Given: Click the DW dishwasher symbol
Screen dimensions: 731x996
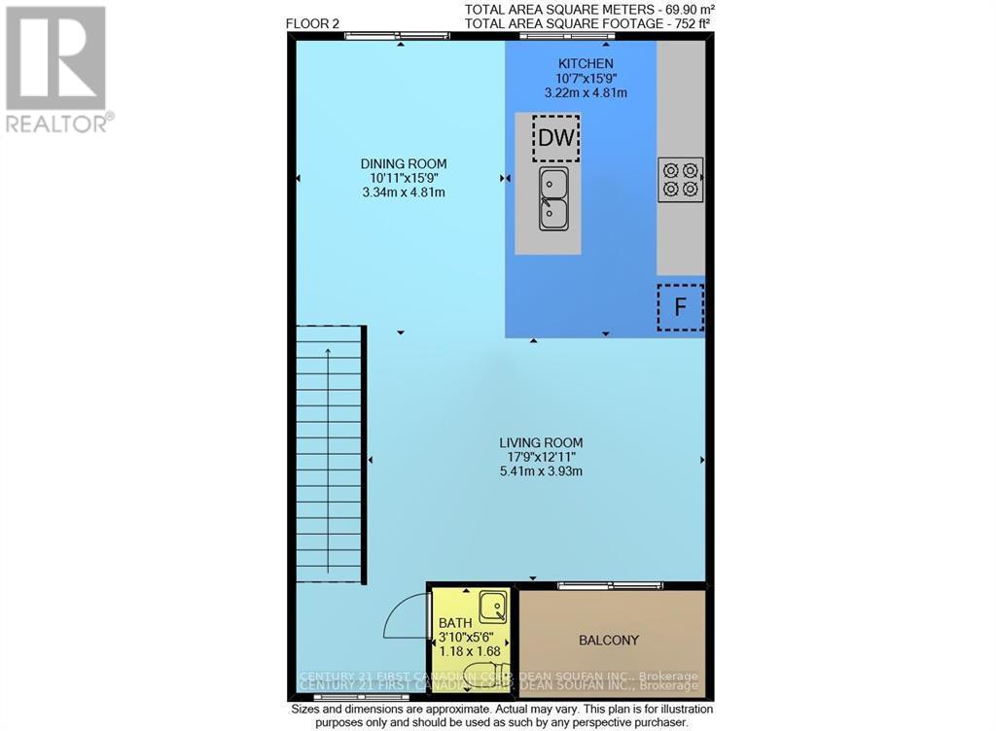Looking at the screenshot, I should click(x=555, y=137).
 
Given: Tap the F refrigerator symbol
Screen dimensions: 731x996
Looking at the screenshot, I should click(x=680, y=307).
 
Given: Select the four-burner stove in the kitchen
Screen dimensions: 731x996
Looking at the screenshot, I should click(x=681, y=179).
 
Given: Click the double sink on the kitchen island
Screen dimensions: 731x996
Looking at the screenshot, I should click(x=554, y=197).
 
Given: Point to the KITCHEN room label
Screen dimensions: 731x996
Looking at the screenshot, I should click(x=585, y=64).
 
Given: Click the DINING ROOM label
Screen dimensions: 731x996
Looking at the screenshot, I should click(x=403, y=163).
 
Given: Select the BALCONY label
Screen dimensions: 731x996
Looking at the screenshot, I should click(x=609, y=640).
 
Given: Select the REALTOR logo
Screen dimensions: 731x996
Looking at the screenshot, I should click(x=56, y=68).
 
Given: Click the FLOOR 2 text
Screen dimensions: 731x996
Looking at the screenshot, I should click(x=313, y=23).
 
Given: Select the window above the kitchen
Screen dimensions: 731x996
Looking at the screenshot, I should click(x=566, y=37).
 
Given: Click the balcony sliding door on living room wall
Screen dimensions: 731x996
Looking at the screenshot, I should click(x=610, y=585).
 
